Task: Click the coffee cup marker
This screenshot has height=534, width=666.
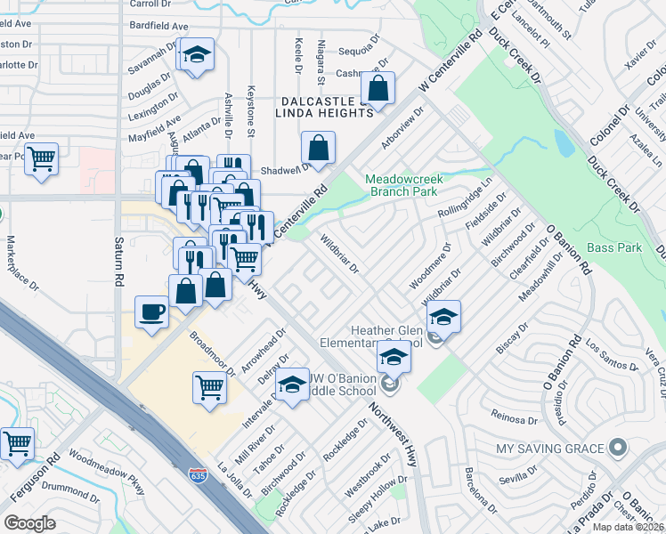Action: click(x=150, y=313)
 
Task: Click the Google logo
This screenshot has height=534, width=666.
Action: click(x=29, y=523)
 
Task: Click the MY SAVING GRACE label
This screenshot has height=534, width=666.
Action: click(x=556, y=448)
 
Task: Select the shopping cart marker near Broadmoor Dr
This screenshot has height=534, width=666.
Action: click(x=209, y=387)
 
